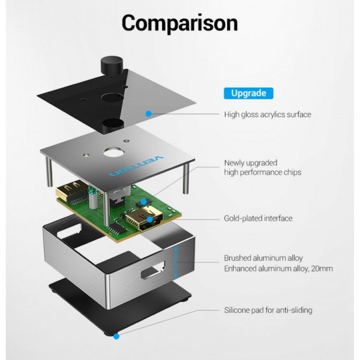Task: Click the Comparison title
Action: [x=179, y=23]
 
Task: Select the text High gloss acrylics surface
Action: [x=268, y=115]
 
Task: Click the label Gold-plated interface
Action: [x=258, y=218]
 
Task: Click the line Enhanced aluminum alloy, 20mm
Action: [x=278, y=269]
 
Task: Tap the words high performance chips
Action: [x=263, y=172]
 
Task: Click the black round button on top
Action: [x=112, y=65]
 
